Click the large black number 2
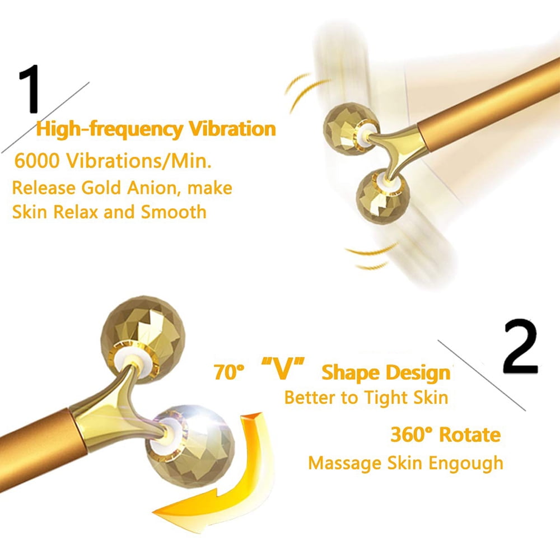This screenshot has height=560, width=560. [x=520, y=348]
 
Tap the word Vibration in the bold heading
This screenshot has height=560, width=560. [x=231, y=129]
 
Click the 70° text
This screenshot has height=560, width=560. [x=228, y=372]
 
